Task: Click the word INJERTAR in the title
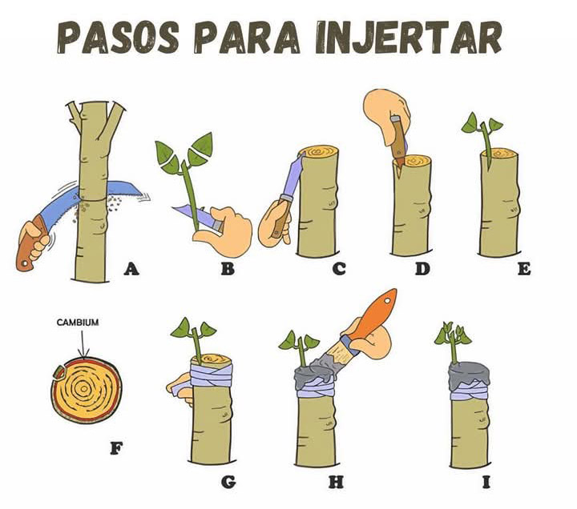coord(409,38)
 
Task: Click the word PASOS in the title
coord(118,38)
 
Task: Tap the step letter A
coord(131,270)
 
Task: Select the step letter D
coord(422,269)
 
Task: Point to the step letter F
coord(116,448)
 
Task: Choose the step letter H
coord(336,482)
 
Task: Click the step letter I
coord(486,482)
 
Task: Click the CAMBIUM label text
coord(78,323)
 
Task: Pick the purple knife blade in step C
coord(293,176)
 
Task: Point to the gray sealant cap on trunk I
coord(469,374)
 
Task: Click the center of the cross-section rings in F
coord(84,388)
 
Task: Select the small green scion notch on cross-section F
coord(59,372)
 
